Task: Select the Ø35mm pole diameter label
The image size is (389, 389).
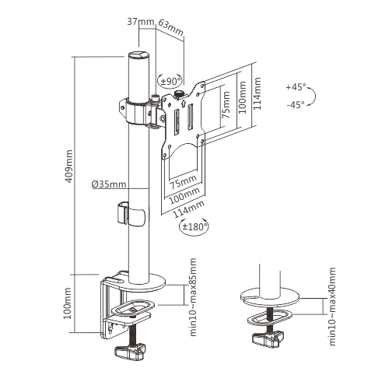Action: (x=108, y=184)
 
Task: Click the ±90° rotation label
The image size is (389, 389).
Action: (x=170, y=80)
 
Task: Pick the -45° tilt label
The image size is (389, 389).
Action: (x=296, y=105)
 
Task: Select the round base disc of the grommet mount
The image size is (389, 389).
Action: (x=269, y=295)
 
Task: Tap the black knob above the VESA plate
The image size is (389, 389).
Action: (x=180, y=94)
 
